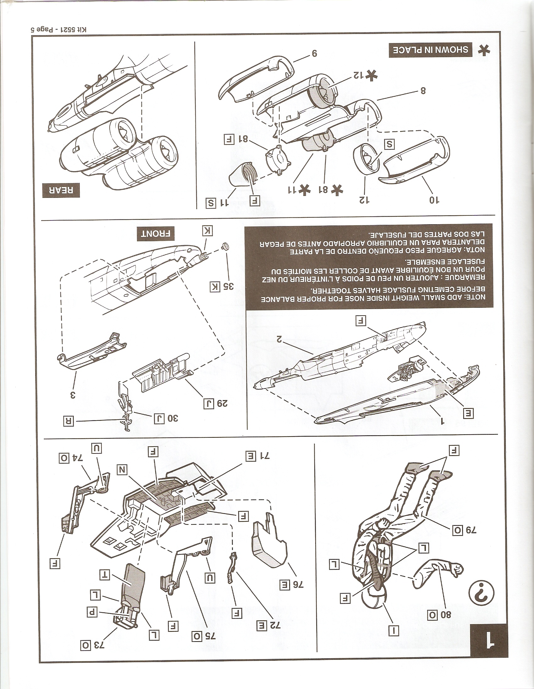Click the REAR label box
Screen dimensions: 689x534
60,191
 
